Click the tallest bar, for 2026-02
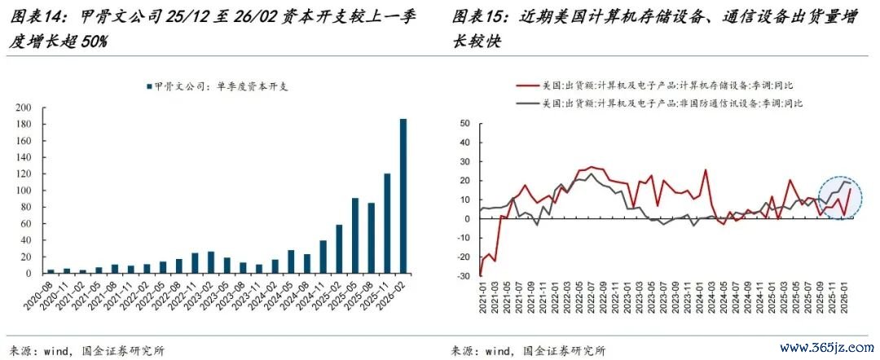[x=403, y=196]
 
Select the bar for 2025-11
[x=387, y=223]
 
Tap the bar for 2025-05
[x=355, y=235]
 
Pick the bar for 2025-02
[x=339, y=249]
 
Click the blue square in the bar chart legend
[x=149, y=86]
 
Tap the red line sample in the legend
[x=526, y=86]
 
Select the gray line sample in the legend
[x=526, y=103]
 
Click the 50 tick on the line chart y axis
[x=466, y=124]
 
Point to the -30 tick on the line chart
[x=464, y=276]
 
